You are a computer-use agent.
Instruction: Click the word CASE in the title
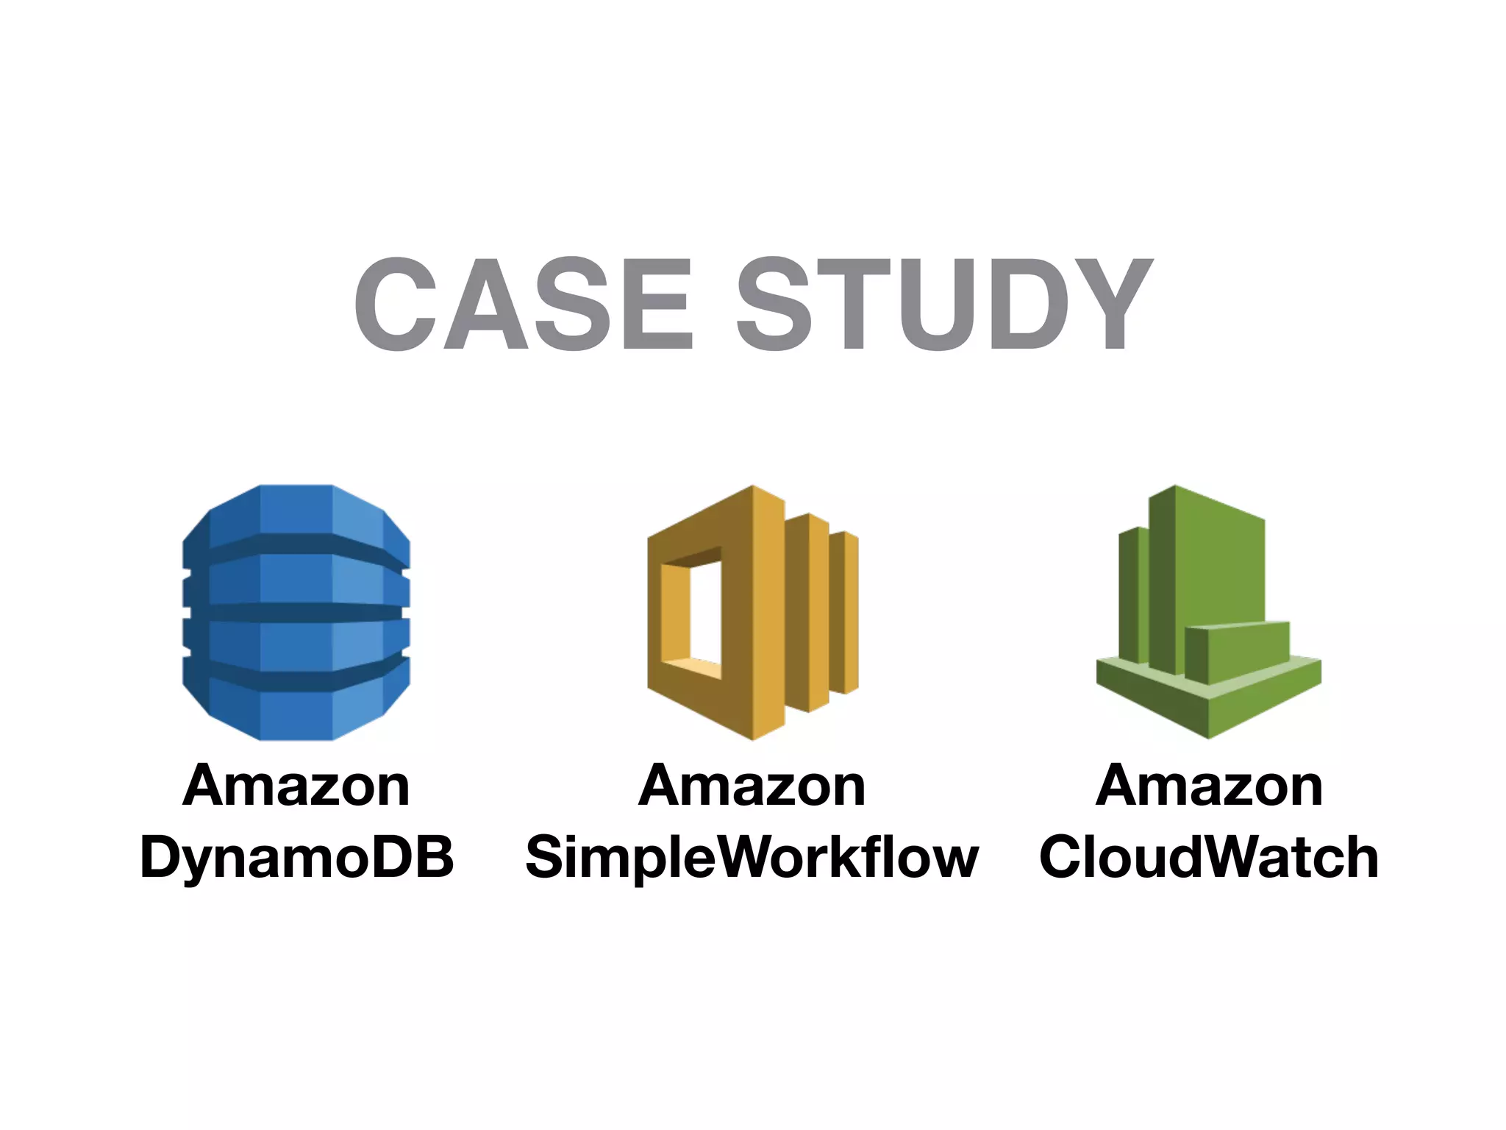click(x=524, y=304)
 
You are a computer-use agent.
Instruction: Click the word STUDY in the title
click(x=944, y=304)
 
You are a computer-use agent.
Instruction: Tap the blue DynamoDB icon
click(x=296, y=612)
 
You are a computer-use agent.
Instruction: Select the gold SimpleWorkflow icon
click(x=752, y=612)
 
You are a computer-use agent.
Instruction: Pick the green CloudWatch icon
click(x=1208, y=612)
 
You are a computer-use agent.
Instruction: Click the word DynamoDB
click(x=297, y=858)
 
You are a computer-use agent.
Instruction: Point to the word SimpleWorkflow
click(x=752, y=858)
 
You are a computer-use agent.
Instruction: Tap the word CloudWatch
click(x=1209, y=858)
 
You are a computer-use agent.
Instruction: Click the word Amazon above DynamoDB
click(x=296, y=786)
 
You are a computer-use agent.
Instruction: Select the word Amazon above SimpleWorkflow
click(x=752, y=786)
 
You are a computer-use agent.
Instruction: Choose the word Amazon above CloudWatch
click(x=1209, y=786)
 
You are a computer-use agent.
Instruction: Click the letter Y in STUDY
click(x=1107, y=304)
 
